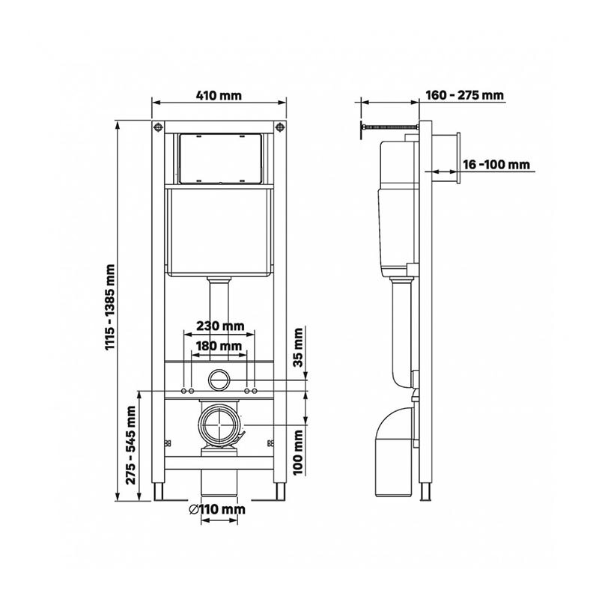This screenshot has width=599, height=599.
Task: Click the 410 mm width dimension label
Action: coord(219,95)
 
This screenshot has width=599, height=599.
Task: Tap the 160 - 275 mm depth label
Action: coord(464,95)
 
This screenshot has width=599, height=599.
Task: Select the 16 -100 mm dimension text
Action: coord(496,165)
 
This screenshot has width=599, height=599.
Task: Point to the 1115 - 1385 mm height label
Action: coord(110,307)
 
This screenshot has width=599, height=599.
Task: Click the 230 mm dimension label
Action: coord(220,326)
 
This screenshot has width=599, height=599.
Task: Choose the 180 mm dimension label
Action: coord(219,346)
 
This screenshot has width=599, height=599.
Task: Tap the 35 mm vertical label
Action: coord(298,347)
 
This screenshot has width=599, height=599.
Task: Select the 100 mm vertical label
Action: coord(298,453)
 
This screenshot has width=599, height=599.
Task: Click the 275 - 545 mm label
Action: coord(131,445)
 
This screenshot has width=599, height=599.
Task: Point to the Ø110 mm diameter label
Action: coord(217,509)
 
